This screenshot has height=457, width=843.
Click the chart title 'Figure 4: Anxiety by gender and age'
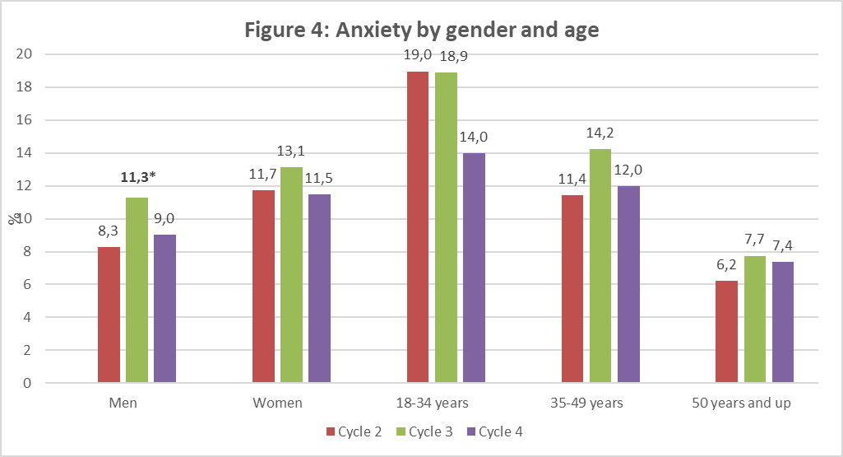(x=421, y=30)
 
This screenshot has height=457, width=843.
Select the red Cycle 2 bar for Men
(x=109, y=315)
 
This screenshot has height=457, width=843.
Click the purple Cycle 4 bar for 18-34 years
(x=474, y=268)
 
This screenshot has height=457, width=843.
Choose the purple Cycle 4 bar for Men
(x=164, y=309)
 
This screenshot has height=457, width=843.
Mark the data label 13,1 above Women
(x=291, y=151)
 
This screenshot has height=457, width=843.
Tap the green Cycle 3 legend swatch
(x=401, y=431)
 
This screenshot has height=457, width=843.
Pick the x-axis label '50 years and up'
(x=755, y=403)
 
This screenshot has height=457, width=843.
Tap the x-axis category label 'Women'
(x=277, y=403)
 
